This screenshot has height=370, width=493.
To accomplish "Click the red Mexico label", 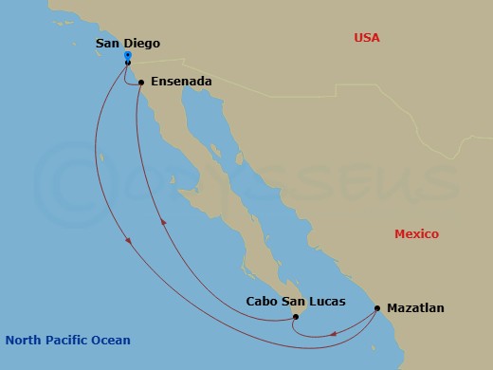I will [417, 234].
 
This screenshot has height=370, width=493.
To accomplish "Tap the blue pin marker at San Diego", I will [128, 57].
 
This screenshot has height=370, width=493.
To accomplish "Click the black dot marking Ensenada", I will [141, 83].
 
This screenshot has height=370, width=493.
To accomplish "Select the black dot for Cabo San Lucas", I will [296, 317].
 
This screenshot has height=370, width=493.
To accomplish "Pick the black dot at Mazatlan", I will [377, 308].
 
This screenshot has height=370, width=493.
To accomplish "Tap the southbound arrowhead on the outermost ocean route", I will [129, 244].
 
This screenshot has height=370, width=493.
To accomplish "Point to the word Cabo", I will [264, 303].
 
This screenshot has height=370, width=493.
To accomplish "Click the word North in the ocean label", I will [24, 340].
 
